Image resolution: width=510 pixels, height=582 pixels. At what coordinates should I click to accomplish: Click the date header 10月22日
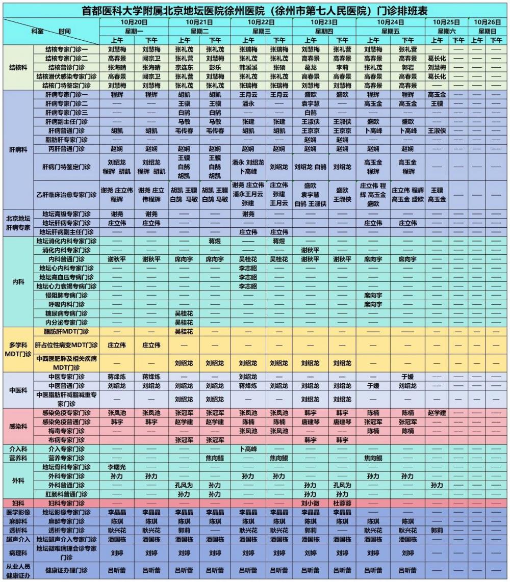point(262,22)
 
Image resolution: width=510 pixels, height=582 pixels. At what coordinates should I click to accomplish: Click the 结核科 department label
point(18,67)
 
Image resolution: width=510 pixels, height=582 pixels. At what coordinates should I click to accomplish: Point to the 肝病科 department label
point(18,149)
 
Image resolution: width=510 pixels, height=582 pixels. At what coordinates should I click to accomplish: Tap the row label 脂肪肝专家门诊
point(66,140)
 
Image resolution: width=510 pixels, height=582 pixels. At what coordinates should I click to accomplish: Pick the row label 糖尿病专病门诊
point(66,313)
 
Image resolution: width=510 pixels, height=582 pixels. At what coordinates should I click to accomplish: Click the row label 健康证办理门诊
point(66,570)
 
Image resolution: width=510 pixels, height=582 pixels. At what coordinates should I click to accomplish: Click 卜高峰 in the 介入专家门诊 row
point(248,449)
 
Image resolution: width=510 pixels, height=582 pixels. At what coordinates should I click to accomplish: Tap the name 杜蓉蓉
point(342,503)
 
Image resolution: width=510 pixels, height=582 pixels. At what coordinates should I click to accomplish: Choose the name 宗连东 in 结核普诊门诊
point(184,67)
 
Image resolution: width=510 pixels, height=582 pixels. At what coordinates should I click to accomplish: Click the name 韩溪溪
point(248,67)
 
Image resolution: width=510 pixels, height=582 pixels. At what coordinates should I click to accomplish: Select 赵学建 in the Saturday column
point(437,413)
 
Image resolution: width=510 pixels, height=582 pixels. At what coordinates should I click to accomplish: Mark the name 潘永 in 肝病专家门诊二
point(248,103)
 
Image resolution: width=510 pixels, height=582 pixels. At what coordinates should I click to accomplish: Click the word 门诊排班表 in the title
point(402,10)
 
